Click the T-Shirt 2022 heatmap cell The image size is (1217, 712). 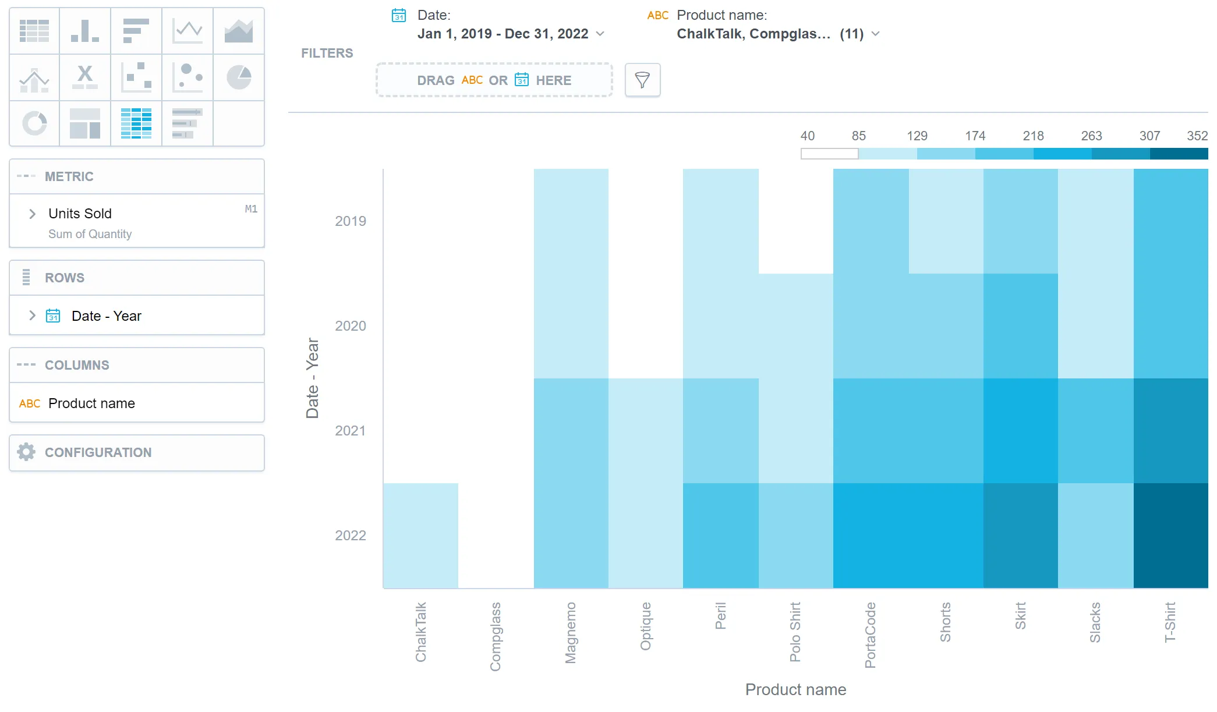(1170, 536)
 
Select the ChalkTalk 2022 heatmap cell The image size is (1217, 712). (420, 536)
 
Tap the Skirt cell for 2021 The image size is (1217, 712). (1020, 431)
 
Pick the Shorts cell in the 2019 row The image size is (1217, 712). (946, 221)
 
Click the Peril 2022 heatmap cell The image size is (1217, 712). (720, 536)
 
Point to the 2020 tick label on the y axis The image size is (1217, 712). (351, 326)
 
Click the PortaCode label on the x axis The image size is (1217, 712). (870, 635)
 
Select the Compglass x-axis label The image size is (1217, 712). (495, 637)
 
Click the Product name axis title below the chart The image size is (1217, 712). (795, 690)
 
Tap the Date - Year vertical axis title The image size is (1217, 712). (313, 378)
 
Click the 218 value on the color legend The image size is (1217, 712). (1033, 136)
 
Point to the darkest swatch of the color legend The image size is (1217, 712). (1179, 154)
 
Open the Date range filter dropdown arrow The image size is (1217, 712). (600, 34)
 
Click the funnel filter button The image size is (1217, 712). (642, 80)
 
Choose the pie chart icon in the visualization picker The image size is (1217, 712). (239, 77)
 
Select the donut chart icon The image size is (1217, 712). (34, 123)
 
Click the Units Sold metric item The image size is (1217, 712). (80, 214)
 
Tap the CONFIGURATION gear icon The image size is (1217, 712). (26, 452)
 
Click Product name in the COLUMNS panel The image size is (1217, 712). (91, 403)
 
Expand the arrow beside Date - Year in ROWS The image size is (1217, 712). (33, 316)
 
